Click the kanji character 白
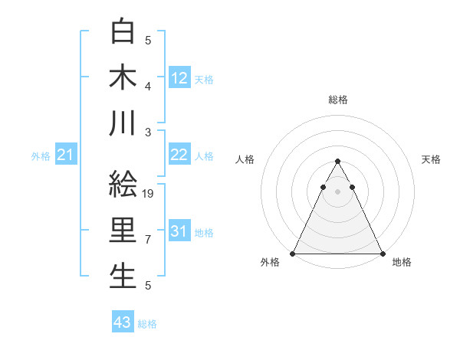pos(123,31)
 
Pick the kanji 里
pos(123,230)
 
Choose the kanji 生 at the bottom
pos(123,276)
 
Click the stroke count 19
pos(149,194)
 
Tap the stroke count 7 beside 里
pos(148,240)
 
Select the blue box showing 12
pos(179,78)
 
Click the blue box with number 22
pos(179,155)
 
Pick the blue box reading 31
pos(179,232)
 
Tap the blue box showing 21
pos(66,155)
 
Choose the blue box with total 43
pos(123,322)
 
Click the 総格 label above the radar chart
pos(338,100)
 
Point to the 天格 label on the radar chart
pos(432,159)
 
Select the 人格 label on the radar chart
pos(245,159)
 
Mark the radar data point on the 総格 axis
pos(338,162)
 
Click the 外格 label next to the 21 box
pos(41,156)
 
